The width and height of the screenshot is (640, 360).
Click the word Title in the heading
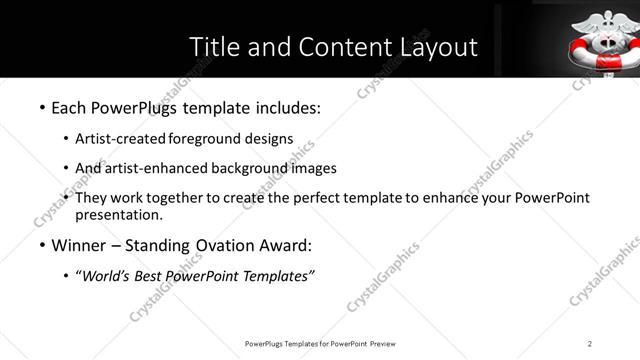coord(213,47)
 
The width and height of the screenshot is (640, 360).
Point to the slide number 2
coord(590,343)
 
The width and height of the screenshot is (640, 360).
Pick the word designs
coord(272,138)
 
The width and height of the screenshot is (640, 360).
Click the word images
coord(317,168)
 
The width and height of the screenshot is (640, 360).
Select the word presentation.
coord(119,214)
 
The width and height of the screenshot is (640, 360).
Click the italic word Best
coord(148,276)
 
